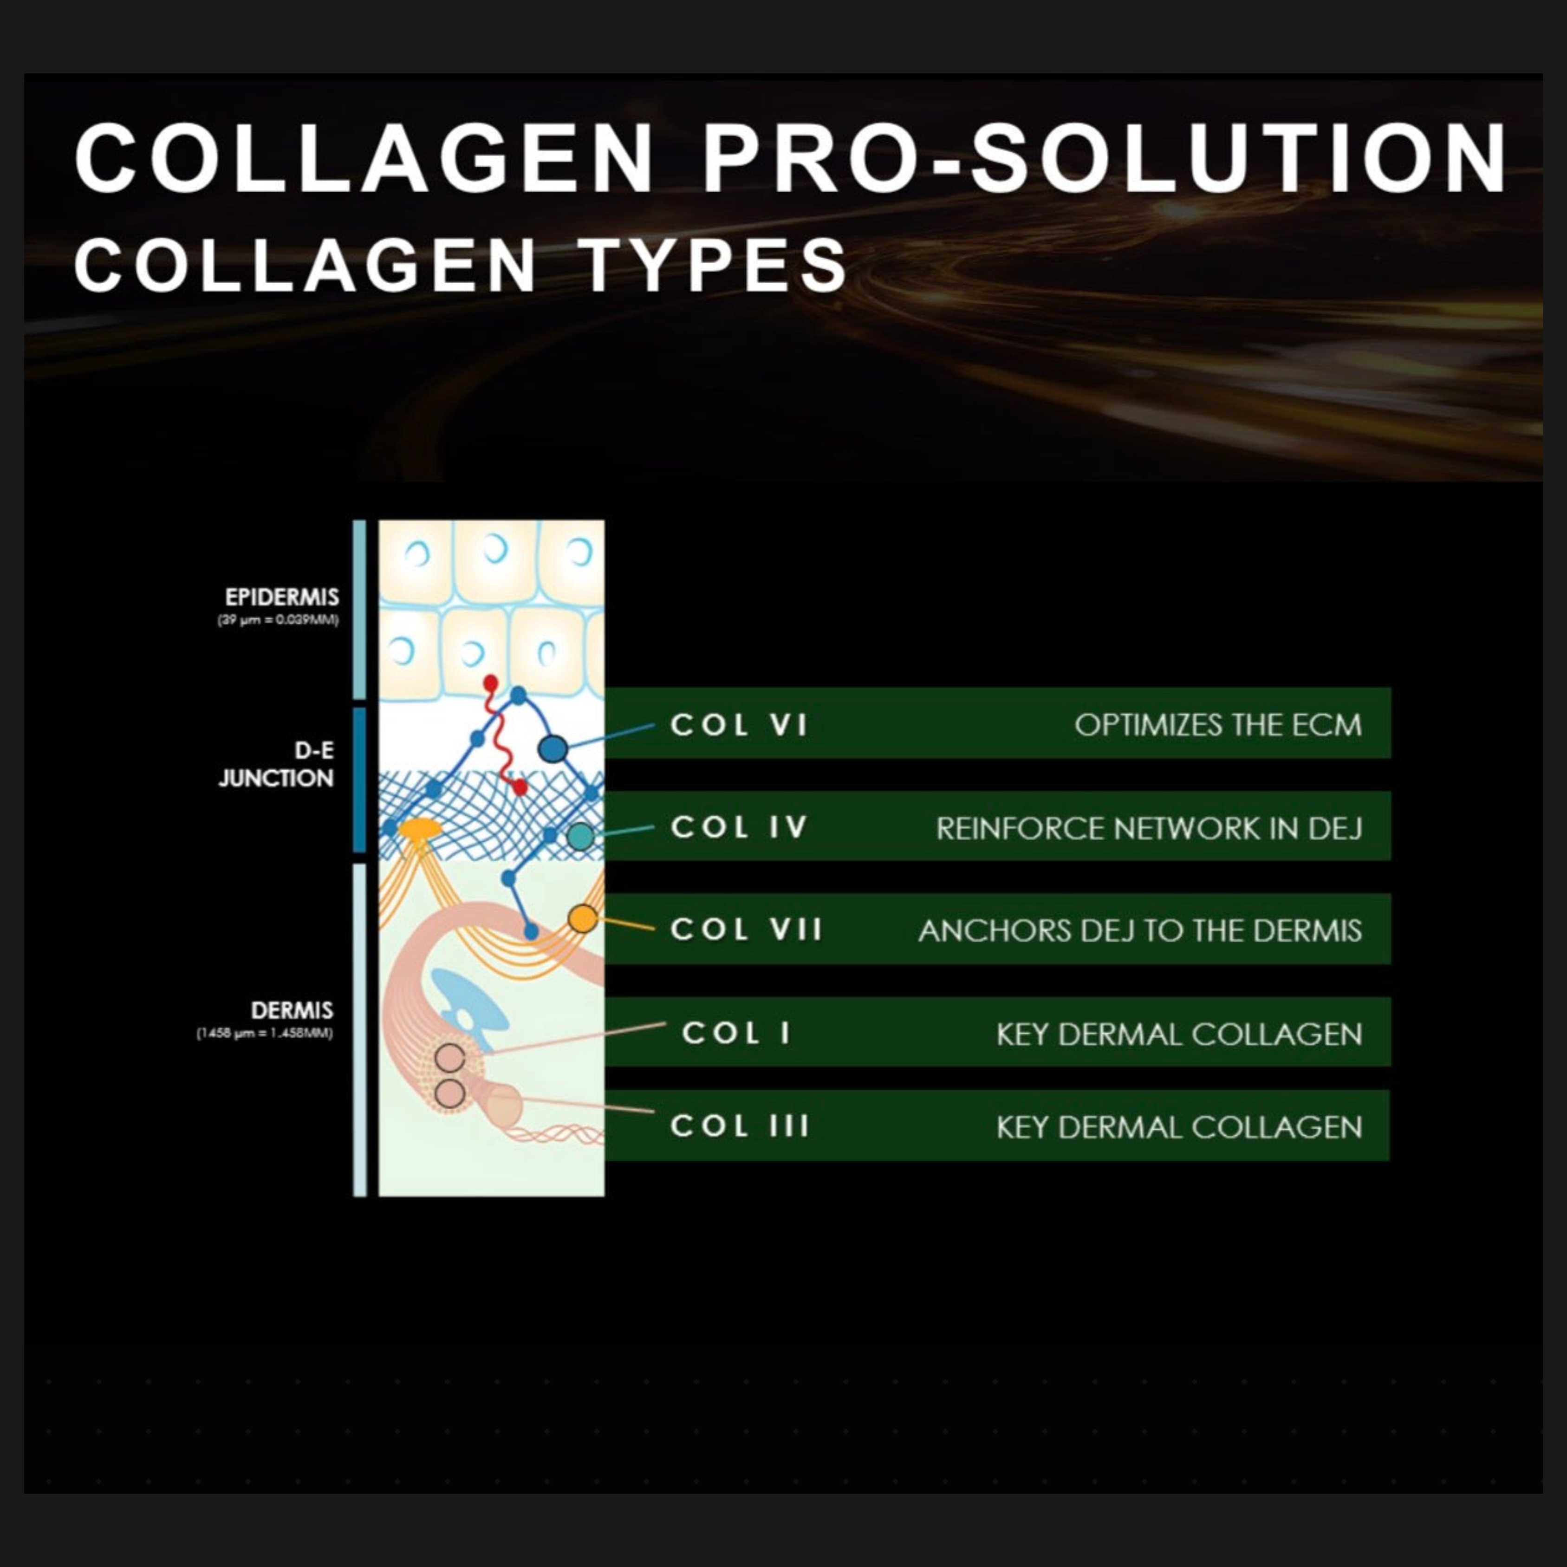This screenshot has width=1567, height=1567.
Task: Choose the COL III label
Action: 739,1126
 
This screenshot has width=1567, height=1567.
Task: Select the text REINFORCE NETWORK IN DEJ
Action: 1149,828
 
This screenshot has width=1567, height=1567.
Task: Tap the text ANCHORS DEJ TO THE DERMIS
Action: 1139,930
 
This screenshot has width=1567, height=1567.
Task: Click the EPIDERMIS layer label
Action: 281,598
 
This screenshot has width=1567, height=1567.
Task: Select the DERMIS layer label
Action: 292,1011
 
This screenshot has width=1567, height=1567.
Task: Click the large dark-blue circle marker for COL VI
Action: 553,748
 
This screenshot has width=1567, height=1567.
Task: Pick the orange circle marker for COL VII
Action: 582,919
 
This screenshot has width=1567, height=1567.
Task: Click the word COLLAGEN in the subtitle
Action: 304,264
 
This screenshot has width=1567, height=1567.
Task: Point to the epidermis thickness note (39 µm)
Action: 278,620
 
